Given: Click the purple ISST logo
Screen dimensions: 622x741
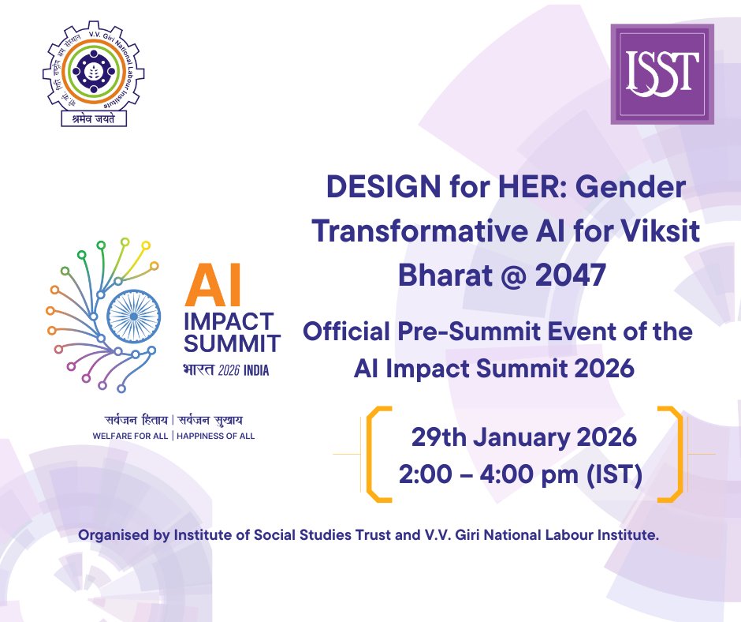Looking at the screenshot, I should coord(662,73).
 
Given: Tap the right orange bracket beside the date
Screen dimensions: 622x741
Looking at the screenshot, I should coord(671,454).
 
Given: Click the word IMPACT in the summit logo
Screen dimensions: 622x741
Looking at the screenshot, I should coord(228,322).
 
